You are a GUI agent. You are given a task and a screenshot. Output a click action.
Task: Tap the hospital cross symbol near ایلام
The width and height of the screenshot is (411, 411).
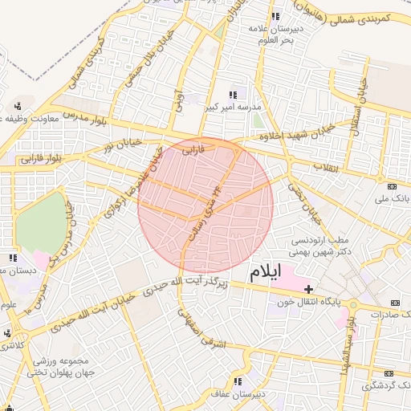(308, 288)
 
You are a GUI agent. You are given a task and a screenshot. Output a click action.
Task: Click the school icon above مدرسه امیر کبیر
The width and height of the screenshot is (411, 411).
(234, 95)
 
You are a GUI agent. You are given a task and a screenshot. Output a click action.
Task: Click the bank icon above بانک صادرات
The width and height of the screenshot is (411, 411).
(393, 303)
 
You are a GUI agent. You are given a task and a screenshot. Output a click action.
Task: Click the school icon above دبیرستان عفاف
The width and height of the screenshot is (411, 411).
(238, 381)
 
